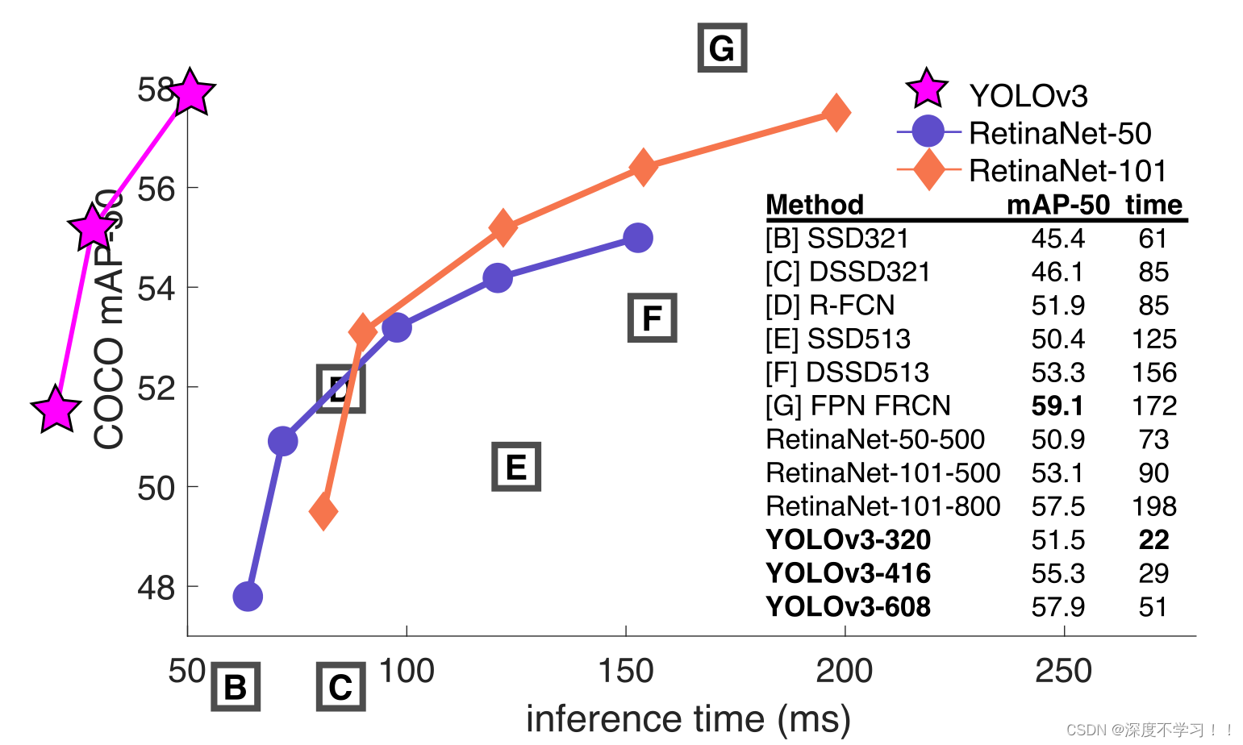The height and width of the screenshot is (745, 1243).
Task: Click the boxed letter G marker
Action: pyautogui.click(x=722, y=48)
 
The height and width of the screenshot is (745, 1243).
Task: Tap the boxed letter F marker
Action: pyautogui.click(x=652, y=318)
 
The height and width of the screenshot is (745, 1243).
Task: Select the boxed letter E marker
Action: pyautogui.click(x=516, y=467)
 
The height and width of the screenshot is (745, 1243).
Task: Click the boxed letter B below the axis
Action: pyautogui.click(x=236, y=687)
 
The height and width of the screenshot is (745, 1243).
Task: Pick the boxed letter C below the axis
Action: pyautogui.click(x=340, y=687)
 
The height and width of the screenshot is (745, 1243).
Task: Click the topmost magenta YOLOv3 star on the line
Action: pyautogui.click(x=190, y=93)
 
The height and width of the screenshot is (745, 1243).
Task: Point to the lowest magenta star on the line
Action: pyautogui.click(x=56, y=410)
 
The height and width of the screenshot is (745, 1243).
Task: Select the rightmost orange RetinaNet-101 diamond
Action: pyautogui.click(x=836, y=112)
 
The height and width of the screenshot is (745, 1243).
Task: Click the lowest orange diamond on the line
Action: pyautogui.click(x=323, y=510)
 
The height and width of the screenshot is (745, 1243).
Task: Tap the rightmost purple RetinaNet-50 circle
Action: pyautogui.click(x=638, y=238)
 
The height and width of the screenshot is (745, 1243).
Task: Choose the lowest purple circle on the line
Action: pyautogui.click(x=248, y=597)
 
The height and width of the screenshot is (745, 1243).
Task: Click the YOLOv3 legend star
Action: pyautogui.click(x=927, y=89)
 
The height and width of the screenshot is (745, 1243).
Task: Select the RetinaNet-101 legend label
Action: pyautogui.click(x=1067, y=171)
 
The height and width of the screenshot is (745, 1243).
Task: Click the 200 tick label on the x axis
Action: pyautogui.click(x=844, y=671)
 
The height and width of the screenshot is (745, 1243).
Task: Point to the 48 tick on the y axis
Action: pyautogui.click(x=156, y=588)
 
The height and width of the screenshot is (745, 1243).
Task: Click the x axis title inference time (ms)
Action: pyautogui.click(x=688, y=718)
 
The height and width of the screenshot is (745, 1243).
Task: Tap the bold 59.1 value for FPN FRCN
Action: pyautogui.click(x=1057, y=406)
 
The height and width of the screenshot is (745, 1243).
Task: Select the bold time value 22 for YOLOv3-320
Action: pyautogui.click(x=1153, y=539)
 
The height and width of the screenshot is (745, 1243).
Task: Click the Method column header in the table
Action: pyautogui.click(x=814, y=204)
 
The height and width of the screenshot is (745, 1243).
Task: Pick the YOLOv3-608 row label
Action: pyautogui.click(x=848, y=606)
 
